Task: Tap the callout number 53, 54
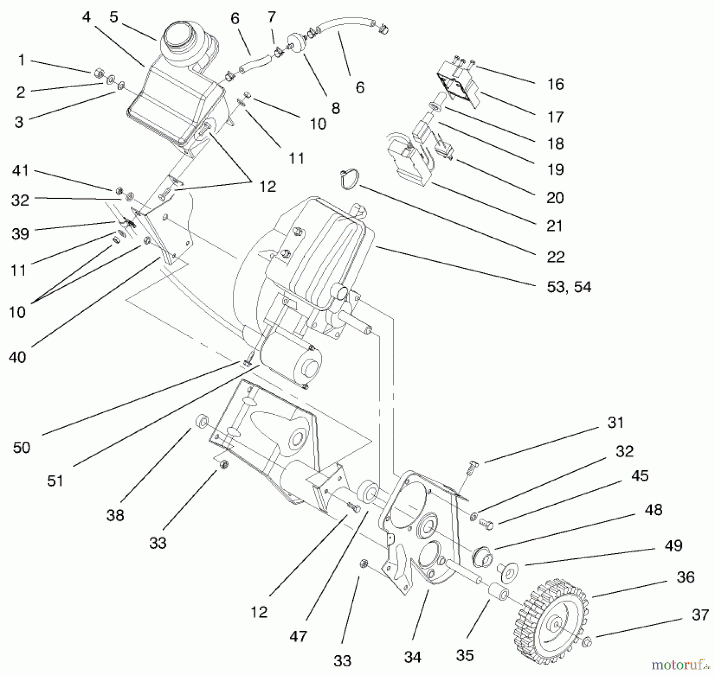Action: point(569,287)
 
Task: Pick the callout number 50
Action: point(21,448)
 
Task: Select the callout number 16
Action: point(555,84)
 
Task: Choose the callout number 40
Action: point(17,357)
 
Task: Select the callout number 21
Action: point(555,226)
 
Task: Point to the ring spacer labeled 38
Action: point(202,421)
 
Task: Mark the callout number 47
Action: point(298,636)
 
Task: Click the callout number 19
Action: point(555,169)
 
